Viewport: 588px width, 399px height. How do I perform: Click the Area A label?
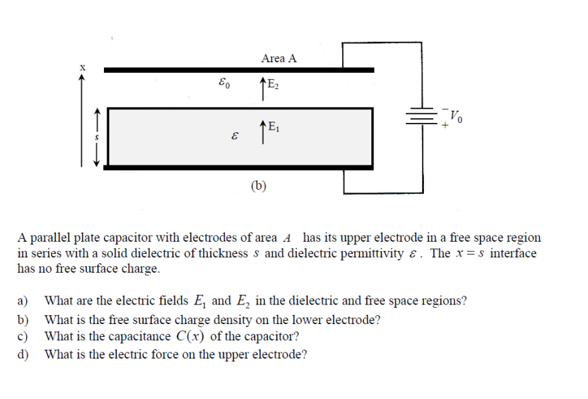(x=278, y=58)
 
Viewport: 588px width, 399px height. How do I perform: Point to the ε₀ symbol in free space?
(x=224, y=85)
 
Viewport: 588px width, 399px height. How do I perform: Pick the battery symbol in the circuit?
(x=423, y=116)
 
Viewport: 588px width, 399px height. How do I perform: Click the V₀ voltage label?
(x=457, y=115)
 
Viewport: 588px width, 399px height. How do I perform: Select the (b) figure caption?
(x=259, y=185)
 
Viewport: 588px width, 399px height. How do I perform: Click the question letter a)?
(x=24, y=301)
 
